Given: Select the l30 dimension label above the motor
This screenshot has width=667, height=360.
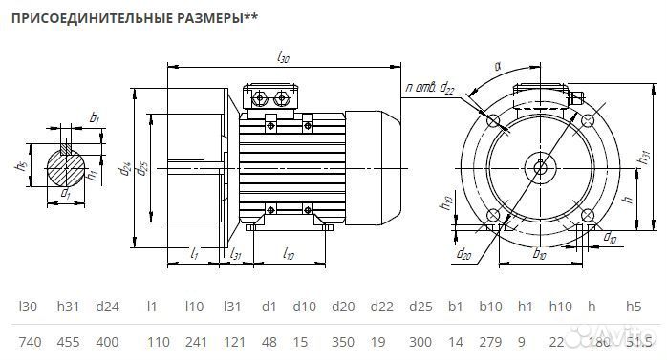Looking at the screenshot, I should pos(283,58).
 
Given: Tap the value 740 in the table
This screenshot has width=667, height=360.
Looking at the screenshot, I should pos(31,341).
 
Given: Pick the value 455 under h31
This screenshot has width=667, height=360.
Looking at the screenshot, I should pos(68,341).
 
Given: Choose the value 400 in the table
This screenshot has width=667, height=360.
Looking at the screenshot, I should pos(108,341).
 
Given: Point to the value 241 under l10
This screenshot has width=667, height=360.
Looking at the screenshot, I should pos(195,341).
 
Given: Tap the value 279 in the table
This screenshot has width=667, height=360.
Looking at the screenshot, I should pos(490,341).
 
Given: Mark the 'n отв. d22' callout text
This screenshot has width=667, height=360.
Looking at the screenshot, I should pos(430,87).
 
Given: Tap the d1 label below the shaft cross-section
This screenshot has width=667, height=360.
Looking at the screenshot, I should pos(65,195).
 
